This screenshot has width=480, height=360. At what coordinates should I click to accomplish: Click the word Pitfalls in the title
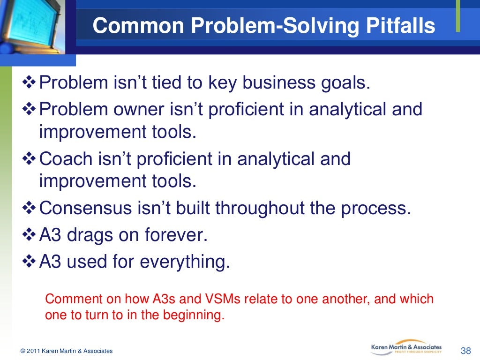coord(400,25)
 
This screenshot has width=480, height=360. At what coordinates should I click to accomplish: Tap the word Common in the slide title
coord(138,25)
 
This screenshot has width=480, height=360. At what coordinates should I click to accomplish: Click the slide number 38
coord(465,351)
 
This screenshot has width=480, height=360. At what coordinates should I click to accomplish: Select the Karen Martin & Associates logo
coord(406,347)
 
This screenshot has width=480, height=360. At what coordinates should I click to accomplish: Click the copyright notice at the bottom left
coord(67,351)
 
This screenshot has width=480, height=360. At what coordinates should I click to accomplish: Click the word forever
coord(176,235)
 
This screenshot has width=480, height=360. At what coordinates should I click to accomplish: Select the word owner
coord(139,109)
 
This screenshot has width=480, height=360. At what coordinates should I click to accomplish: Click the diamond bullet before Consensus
coord(29,208)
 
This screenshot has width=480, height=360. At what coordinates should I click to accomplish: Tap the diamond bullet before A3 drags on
coord(29,235)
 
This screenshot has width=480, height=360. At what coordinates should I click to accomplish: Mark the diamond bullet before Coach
coord(29,158)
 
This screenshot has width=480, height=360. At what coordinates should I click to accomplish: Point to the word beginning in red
coord(194,315)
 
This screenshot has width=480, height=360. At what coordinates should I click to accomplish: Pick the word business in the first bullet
coord(278,82)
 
